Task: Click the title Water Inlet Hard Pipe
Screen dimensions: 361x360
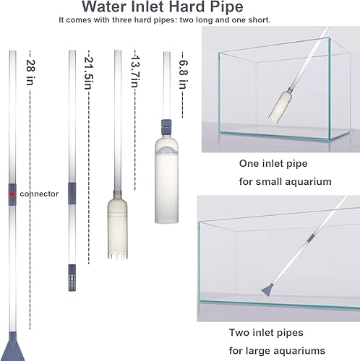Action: pos(181,8)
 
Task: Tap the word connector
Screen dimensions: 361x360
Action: pos(39,194)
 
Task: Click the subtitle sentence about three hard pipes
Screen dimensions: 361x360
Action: pos(165,21)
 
